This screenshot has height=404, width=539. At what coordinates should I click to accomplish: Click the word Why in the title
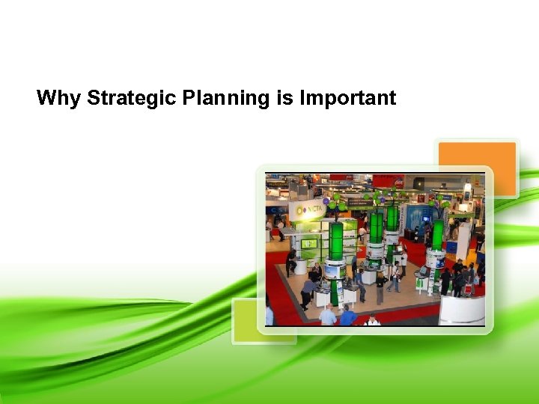[59, 98]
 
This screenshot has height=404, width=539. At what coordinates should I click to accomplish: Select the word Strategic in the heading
[132, 98]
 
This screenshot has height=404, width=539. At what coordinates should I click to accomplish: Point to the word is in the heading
[284, 98]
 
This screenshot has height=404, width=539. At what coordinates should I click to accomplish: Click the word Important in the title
[348, 98]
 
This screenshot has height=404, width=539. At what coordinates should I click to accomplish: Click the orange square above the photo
[477, 169]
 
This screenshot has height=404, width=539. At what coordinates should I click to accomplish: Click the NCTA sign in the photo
[308, 210]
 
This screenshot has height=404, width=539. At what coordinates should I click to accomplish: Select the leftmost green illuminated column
[337, 242]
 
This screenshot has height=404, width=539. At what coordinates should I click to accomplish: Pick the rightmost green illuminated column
[437, 234]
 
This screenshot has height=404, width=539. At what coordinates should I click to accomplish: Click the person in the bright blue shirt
[348, 316]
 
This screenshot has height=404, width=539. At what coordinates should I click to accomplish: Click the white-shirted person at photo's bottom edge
[372, 320]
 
